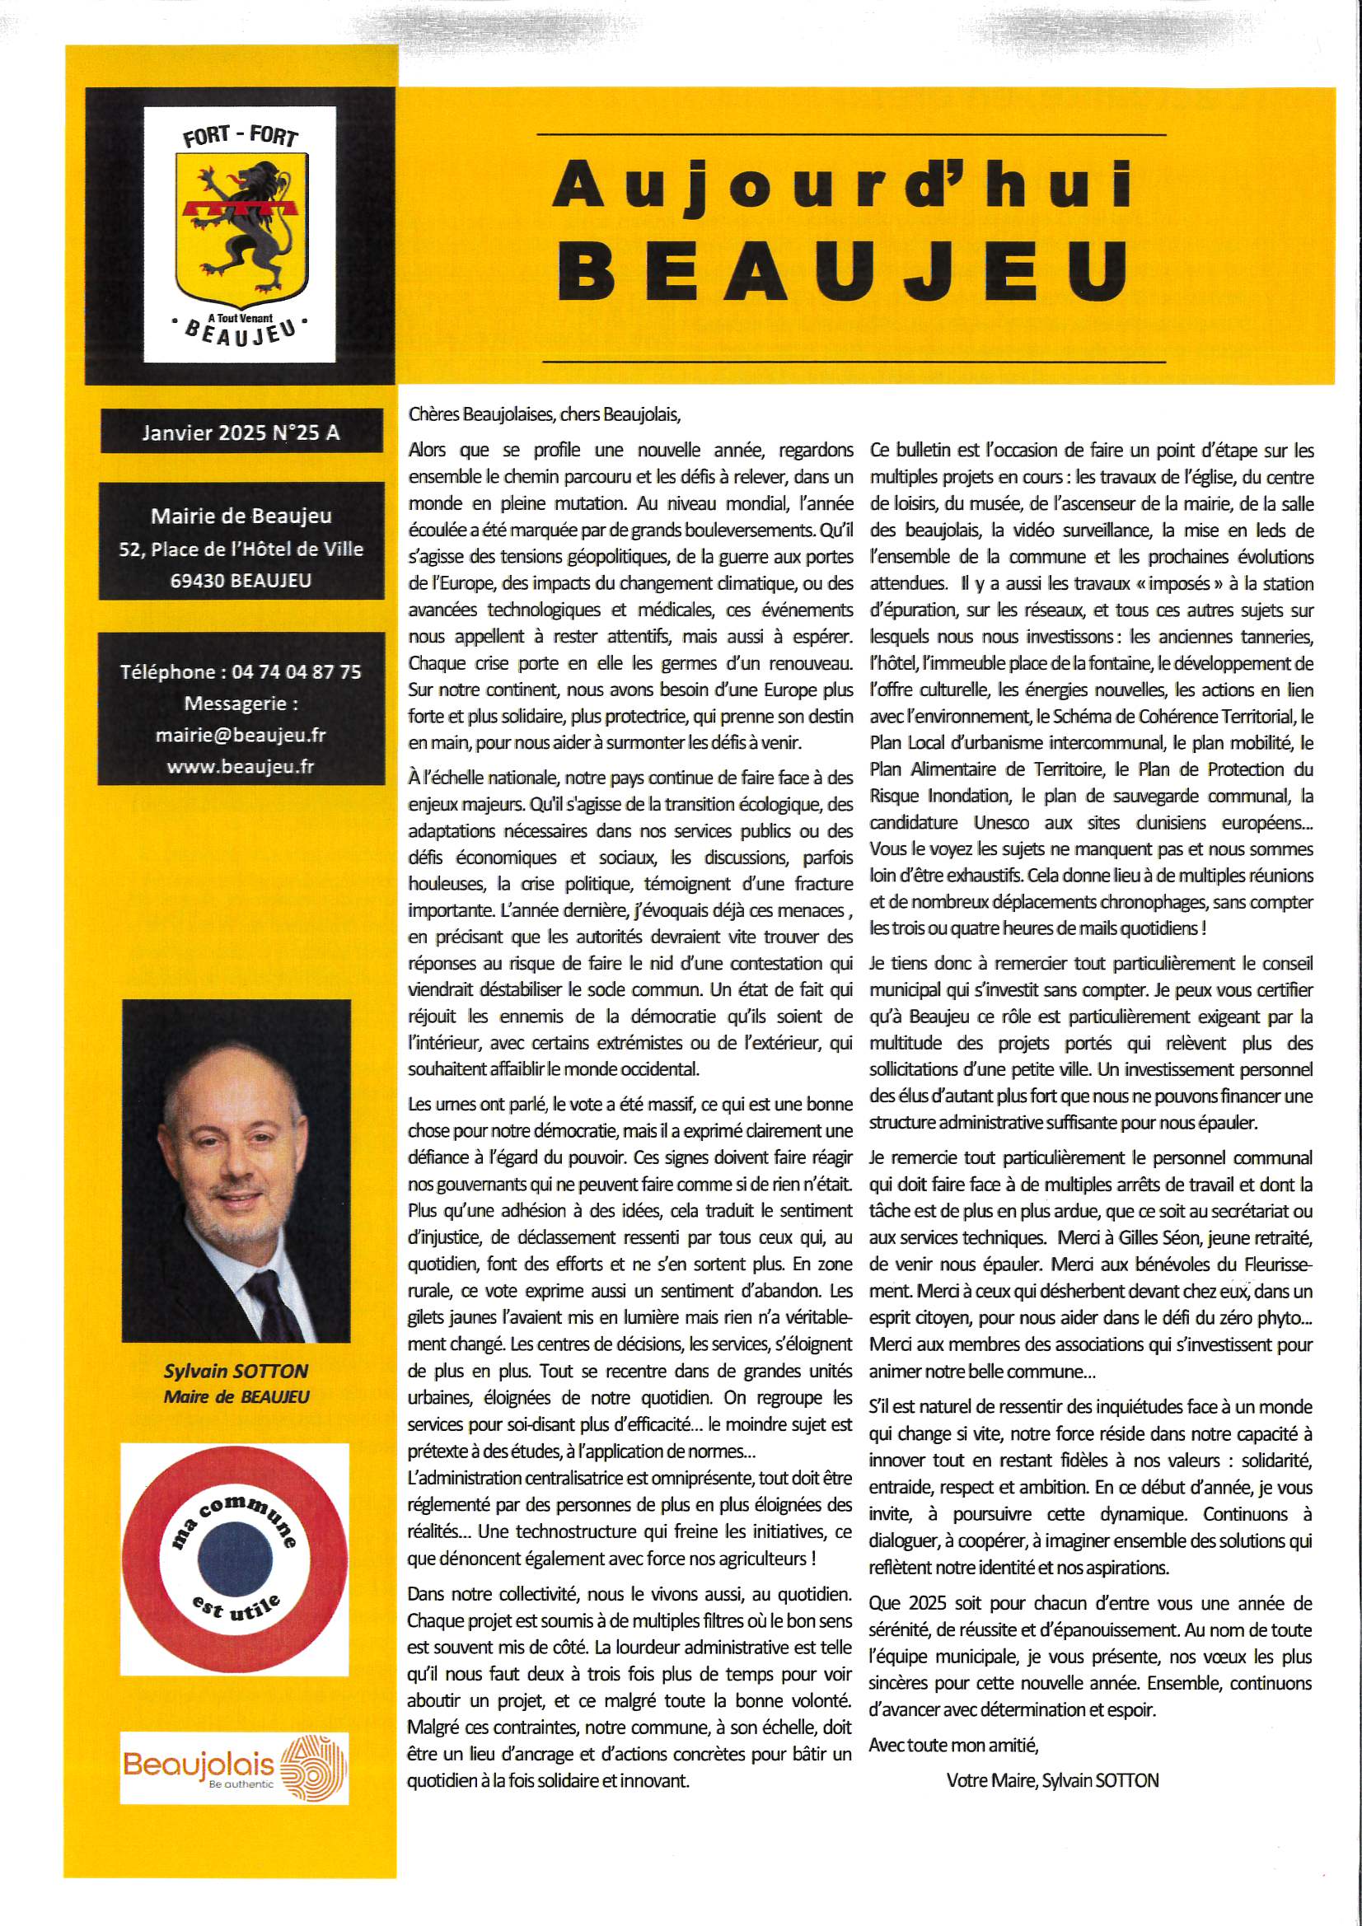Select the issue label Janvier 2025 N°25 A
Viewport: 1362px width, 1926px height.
[241, 432]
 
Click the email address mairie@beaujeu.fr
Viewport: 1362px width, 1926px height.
[241, 735]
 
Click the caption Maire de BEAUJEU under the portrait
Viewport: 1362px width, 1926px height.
[236, 1395]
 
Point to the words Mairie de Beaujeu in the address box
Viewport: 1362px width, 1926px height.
[241, 517]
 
